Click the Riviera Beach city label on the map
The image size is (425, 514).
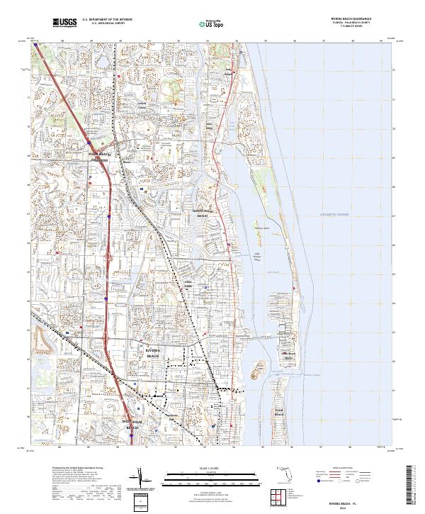153,352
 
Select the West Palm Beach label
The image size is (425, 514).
132,427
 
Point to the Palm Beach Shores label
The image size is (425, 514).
288,355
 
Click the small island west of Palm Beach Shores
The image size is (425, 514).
259,369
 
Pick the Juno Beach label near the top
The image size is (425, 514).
228,72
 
